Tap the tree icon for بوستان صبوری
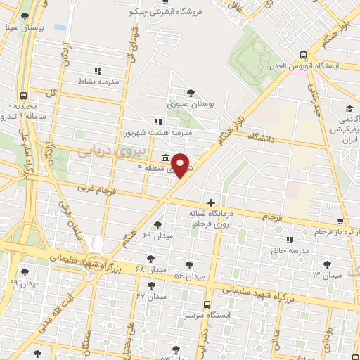191,93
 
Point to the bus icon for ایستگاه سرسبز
206,305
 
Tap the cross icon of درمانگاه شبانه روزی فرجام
211,202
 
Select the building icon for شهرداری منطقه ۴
164,157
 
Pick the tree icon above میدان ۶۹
157,225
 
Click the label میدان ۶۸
149,269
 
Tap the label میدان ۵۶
190,276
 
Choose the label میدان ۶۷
150,296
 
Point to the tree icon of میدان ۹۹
25,271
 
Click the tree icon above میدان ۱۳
327,264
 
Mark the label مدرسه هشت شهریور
158,132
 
